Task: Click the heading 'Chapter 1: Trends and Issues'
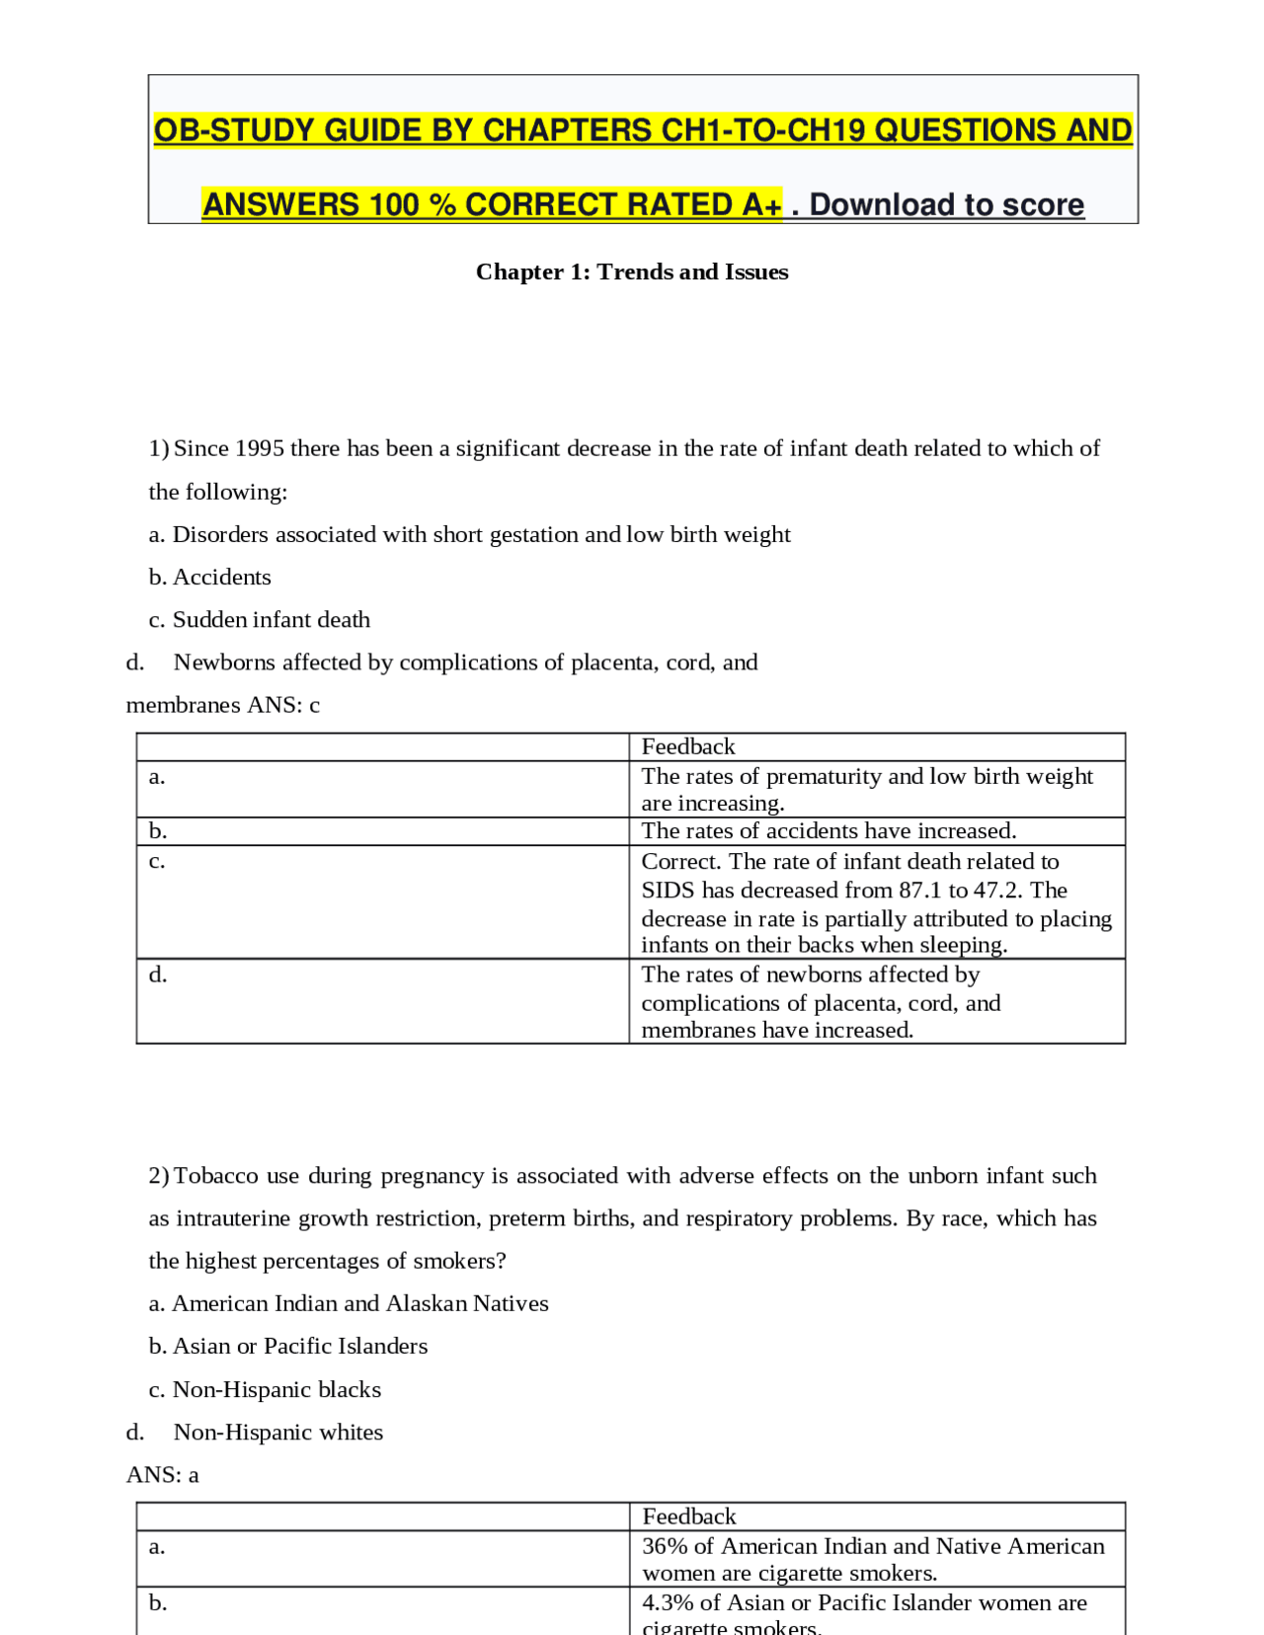coord(632,272)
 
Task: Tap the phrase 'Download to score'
coord(946,205)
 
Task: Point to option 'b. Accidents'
coord(210,578)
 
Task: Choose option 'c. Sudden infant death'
coord(260,620)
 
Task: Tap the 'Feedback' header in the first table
coord(688,747)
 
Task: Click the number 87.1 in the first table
coord(920,891)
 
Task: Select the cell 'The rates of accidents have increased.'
coord(829,831)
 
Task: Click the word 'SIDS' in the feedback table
coord(668,891)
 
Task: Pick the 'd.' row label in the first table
coord(158,975)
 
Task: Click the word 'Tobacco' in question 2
coord(217,1176)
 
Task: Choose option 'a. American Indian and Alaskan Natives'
coord(349,1304)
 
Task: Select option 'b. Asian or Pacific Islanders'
coord(288,1347)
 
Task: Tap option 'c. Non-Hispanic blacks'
coord(265,1390)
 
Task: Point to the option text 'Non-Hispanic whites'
coord(278,1433)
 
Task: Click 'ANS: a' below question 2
coord(163,1475)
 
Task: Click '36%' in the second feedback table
coord(664,1547)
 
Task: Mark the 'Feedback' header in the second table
coord(689,1518)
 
